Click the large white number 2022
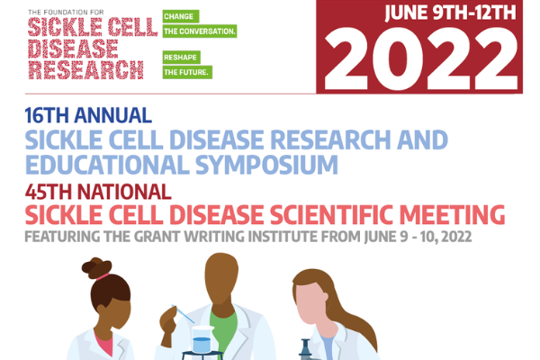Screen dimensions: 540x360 (x=421, y=58)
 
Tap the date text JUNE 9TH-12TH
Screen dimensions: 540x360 (x=451, y=13)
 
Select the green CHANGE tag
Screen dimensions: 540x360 (x=181, y=16)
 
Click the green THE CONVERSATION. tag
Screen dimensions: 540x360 (x=200, y=31)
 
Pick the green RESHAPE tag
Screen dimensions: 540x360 (x=182, y=58)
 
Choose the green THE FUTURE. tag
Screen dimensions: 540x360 (x=187, y=72)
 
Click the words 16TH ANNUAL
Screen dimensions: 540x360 (x=88, y=115)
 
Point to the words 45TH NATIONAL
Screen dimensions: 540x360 (x=98, y=192)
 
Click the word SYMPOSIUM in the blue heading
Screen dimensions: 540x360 (x=266, y=165)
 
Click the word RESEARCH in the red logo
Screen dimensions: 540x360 (x=85, y=70)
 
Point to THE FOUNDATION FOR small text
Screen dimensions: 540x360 (x=66, y=13)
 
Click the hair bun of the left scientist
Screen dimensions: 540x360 (x=96, y=267)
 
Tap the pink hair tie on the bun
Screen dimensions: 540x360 (x=103, y=276)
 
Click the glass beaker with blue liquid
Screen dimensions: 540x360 (x=202, y=339)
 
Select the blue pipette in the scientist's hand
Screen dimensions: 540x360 (x=183, y=314)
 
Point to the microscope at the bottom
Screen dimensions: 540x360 (x=306, y=350)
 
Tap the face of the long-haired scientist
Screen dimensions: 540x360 (x=309, y=303)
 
